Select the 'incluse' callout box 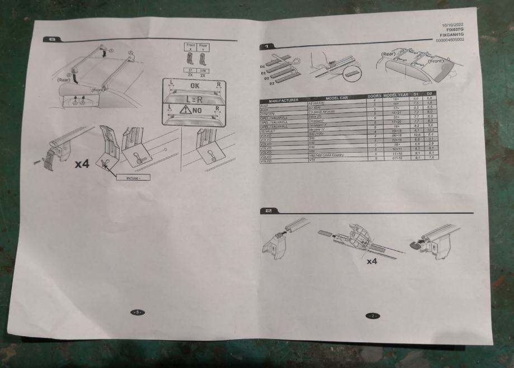pos(131,177)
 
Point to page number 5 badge pos(135,312)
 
